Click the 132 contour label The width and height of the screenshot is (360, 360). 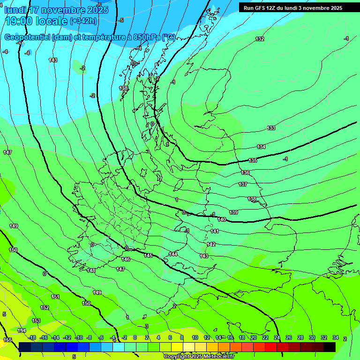pos(260,39)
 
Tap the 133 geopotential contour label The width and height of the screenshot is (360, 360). pos(271,128)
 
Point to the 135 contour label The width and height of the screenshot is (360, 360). pos(253,160)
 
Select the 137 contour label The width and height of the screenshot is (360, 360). pos(242,184)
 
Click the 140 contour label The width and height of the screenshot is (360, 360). pos(222,219)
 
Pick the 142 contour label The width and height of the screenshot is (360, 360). pos(211,244)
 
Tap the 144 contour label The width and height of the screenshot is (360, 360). pos(173,254)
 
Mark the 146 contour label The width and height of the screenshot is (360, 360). pos(126,259)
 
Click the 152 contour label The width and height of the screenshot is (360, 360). pos(45,307)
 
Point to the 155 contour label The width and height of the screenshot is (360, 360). pos(7,340)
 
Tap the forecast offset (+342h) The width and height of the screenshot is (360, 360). pos(83,21)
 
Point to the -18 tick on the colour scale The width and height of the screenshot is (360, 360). pos(32,337)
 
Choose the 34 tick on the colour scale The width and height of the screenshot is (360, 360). pos(336,337)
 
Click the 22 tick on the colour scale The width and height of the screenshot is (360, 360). pos(265,337)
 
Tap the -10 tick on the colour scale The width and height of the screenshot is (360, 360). pos(79,337)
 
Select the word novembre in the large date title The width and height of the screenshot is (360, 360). pos(67,9)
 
